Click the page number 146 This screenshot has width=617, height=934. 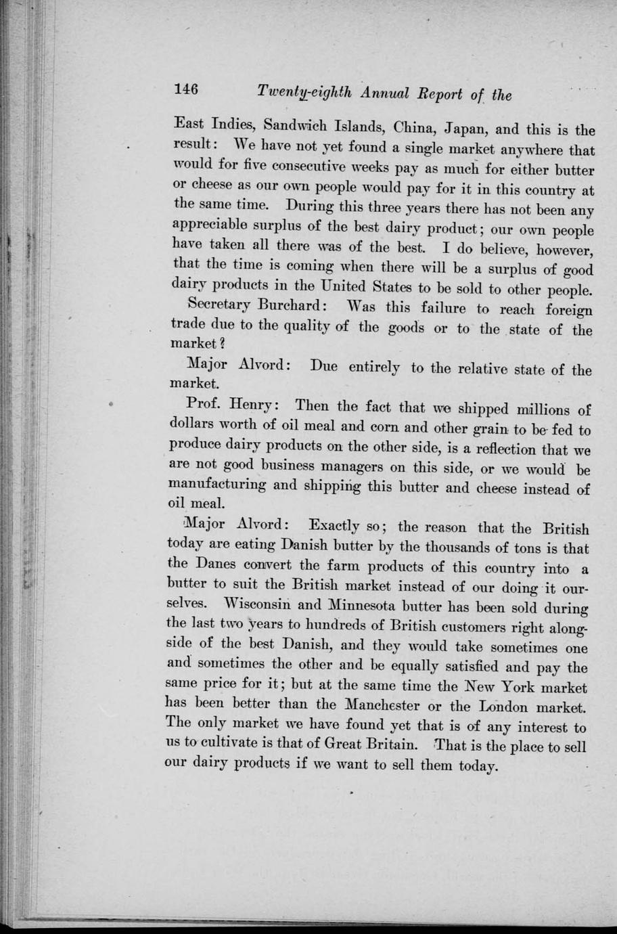(185, 89)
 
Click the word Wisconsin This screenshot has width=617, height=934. (254, 602)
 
